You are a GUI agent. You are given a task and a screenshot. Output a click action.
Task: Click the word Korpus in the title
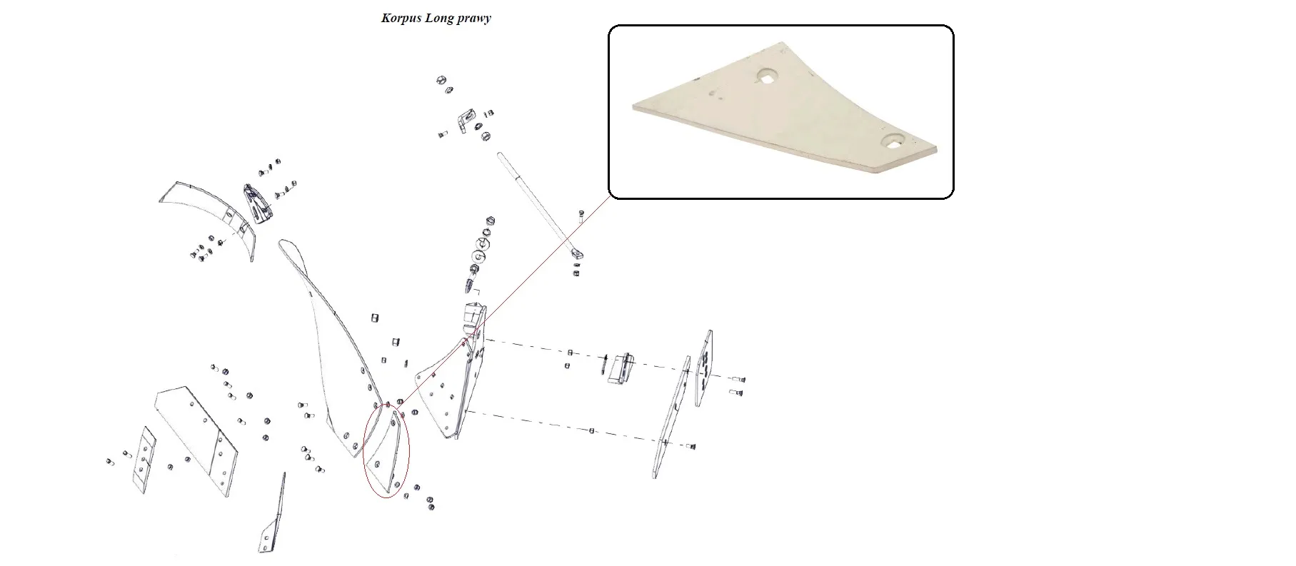pyautogui.click(x=401, y=19)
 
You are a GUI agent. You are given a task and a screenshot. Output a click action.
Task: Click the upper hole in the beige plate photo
pyautogui.click(x=768, y=76)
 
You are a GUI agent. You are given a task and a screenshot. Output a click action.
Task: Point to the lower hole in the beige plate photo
pyautogui.click(x=893, y=141)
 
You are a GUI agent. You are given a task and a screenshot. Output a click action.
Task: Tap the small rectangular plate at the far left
pyautogui.click(x=145, y=460)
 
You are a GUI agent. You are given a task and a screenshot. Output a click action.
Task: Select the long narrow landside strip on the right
pyautogui.click(x=672, y=418)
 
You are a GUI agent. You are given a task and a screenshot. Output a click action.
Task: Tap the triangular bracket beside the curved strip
pyautogui.click(x=257, y=203)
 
